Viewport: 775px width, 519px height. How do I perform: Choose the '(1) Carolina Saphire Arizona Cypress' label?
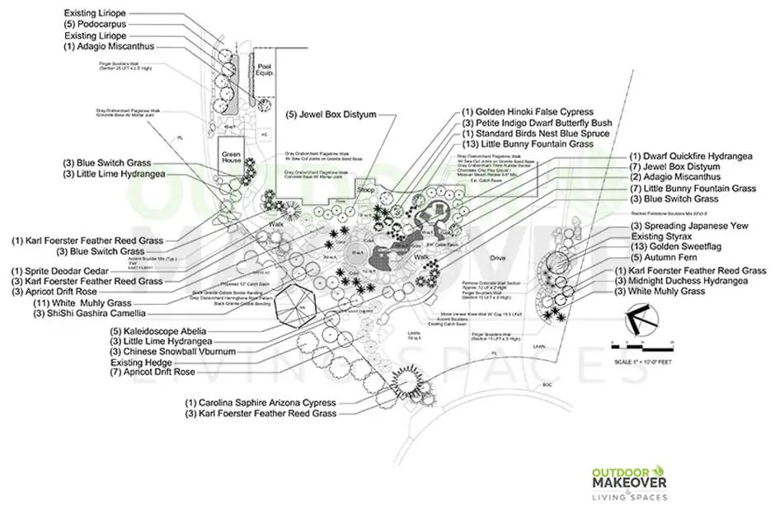pyautogui.click(x=261, y=402)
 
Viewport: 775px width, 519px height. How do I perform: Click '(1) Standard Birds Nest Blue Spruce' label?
pyautogui.click(x=536, y=133)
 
